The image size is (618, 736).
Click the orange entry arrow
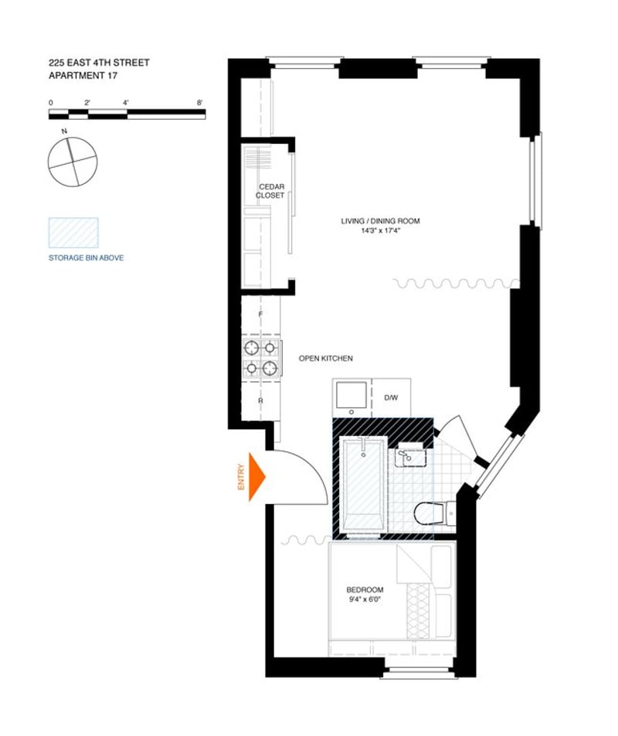tap(256, 477)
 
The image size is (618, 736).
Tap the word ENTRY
tap(242, 477)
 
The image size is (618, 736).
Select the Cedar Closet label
tap(270, 191)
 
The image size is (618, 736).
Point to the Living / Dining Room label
tap(380, 220)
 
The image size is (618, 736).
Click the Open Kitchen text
tap(326, 358)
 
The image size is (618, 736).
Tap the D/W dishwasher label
tap(391, 397)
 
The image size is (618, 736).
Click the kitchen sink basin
tap(351, 395)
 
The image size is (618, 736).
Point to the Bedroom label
tap(365, 590)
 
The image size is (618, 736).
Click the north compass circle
tap(73, 162)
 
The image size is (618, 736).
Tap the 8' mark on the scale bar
tap(200, 103)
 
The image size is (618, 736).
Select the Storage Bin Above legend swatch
tap(73, 233)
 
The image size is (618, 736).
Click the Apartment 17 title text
tap(83, 75)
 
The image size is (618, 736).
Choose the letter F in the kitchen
tap(260, 314)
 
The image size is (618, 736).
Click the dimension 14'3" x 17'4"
tap(380, 230)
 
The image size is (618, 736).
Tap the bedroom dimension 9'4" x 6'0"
tap(365, 599)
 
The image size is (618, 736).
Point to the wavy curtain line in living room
tap(457, 284)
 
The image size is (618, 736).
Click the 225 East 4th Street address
tap(99, 63)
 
